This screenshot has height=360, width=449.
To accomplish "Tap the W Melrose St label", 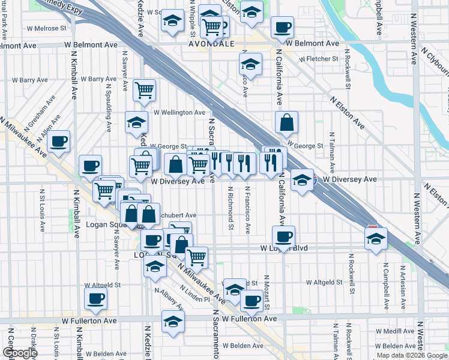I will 46,28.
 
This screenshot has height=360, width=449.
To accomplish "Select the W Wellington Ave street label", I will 179,112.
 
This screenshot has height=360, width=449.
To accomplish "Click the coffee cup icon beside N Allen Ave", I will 58,142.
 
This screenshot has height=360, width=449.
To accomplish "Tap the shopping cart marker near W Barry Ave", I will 144,90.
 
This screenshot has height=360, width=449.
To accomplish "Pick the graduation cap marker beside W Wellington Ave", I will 137,122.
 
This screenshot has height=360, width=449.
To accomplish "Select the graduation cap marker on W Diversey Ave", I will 301,179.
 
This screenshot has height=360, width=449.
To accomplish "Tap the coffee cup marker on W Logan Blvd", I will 283,236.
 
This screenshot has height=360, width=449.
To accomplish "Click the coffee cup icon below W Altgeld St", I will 95,298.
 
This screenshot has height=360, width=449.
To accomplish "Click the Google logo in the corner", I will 20,353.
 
